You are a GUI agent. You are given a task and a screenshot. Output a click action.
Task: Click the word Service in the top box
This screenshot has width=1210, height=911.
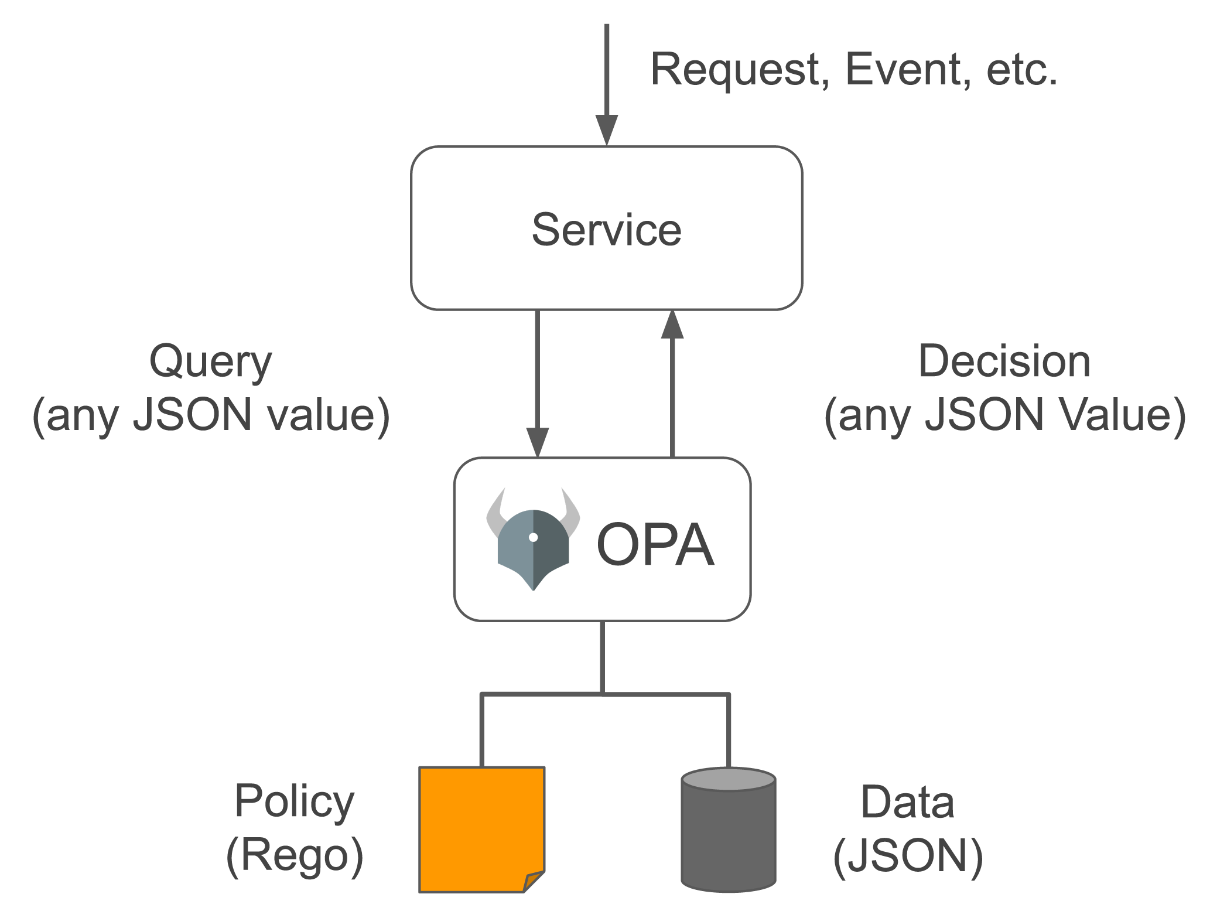(x=606, y=230)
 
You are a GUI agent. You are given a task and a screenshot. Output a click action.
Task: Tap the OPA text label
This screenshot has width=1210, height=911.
(x=655, y=545)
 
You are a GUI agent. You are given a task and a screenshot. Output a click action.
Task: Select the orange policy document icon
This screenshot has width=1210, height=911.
(x=481, y=829)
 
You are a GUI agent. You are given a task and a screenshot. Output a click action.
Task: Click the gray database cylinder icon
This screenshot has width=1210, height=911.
(x=729, y=835)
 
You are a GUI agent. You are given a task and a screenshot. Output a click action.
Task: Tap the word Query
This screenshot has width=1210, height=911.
(x=211, y=362)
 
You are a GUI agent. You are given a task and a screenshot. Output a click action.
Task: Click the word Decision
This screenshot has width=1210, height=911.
(x=1004, y=361)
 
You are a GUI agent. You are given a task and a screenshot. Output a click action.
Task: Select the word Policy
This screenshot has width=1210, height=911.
(x=294, y=802)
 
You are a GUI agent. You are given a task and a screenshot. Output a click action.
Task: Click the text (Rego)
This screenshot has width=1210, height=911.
(x=294, y=856)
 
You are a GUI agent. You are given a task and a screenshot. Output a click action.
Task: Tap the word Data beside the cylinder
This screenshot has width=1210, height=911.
(x=907, y=802)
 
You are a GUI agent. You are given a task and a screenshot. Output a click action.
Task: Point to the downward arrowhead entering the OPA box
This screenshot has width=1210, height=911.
(x=537, y=442)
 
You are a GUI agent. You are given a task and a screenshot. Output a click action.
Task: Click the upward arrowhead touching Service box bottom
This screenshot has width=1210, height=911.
(x=672, y=326)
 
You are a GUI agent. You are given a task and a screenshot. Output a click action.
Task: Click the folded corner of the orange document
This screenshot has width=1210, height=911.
(x=533, y=881)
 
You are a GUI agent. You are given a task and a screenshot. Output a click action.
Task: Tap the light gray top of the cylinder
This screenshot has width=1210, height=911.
(x=729, y=780)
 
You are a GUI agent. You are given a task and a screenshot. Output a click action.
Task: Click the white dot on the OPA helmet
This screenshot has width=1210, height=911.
(x=533, y=537)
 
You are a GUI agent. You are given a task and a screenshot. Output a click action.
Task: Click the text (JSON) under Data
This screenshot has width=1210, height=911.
(x=907, y=856)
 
